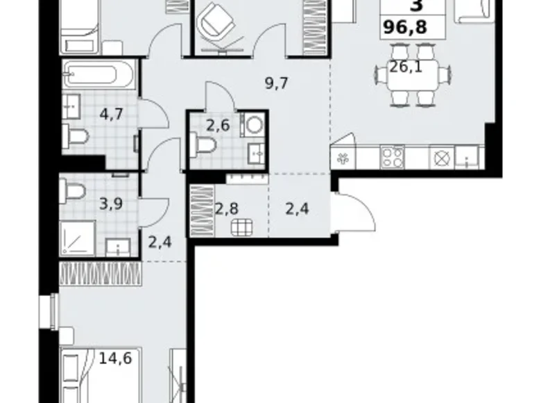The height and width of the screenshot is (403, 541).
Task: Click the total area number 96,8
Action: pyautogui.click(x=405, y=26)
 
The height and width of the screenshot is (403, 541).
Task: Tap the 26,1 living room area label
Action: pyautogui.click(x=406, y=67)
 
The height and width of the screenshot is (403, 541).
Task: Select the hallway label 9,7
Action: pyautogui.click(x=276, y=83)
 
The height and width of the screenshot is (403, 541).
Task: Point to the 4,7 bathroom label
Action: pyautogui.click(x=111, y=114)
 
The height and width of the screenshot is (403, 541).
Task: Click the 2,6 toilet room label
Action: pyautogui.click(x=218, y=125)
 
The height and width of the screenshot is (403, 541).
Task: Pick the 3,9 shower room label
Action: pyautogui.click(x=111, y=204)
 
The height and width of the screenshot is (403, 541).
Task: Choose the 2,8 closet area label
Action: pyautogui.click(x=226, y=208)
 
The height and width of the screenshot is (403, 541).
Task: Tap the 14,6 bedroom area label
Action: pyautogui.click(x=115, y=359)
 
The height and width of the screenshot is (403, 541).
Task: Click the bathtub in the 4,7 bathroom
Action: pyautogui.click(x=98, y=74)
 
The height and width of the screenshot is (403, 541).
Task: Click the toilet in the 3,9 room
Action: pyautogui.click(x=72, y=191)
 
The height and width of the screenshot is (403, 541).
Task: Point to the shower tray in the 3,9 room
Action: pyautogui.click(x=77, y=238)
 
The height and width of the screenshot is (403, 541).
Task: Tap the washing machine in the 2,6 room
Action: pyautogui.click(x=254, y=124)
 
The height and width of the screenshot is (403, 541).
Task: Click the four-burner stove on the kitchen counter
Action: pyautogui.click(x=392, y=158)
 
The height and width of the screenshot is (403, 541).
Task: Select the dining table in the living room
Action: pyautogui.click(x=413, y=74)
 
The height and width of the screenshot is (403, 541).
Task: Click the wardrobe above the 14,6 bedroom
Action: pyautogui.click(x=101, y=274)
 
